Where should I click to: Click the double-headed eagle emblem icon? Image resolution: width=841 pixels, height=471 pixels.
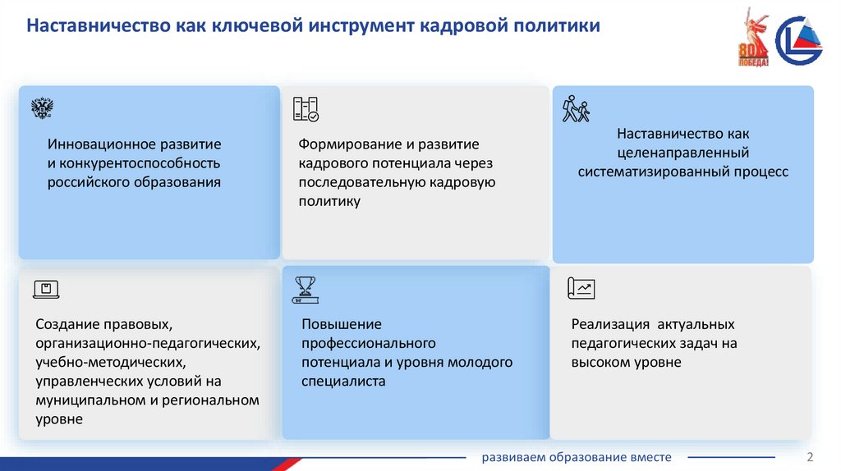(42, 109)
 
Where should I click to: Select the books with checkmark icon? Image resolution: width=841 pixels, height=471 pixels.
(306, 109)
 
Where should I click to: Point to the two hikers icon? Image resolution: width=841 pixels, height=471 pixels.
(576, 108)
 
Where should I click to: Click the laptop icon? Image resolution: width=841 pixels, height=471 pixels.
(46, 289)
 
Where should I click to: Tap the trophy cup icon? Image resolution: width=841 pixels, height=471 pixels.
(305, 288)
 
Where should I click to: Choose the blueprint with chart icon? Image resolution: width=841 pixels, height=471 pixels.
(581, 288)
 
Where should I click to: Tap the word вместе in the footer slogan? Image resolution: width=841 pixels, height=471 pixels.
(651, 457)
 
